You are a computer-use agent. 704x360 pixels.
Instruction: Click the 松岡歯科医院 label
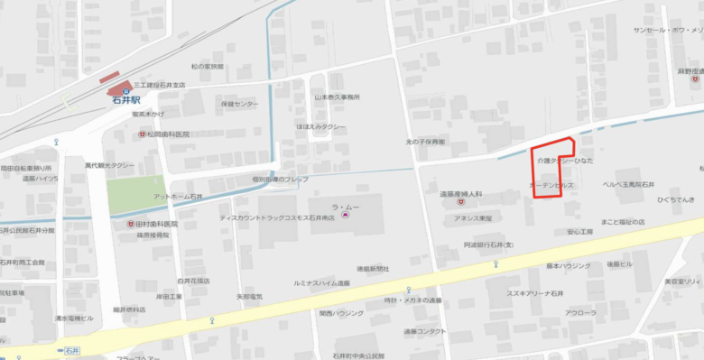point(169,134)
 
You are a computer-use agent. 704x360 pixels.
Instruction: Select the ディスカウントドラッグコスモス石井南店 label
point(277,217)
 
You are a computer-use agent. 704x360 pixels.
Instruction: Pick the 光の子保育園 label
point(425,142)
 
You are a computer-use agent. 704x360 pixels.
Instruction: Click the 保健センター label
point(238,104)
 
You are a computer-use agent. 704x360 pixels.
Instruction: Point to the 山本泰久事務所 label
point(337,97)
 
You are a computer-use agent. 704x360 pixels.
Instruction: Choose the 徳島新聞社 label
point(372,268)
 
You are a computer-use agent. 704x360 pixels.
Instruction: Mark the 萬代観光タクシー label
point(110,166)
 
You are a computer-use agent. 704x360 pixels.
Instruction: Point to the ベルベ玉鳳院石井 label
point(628,184)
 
